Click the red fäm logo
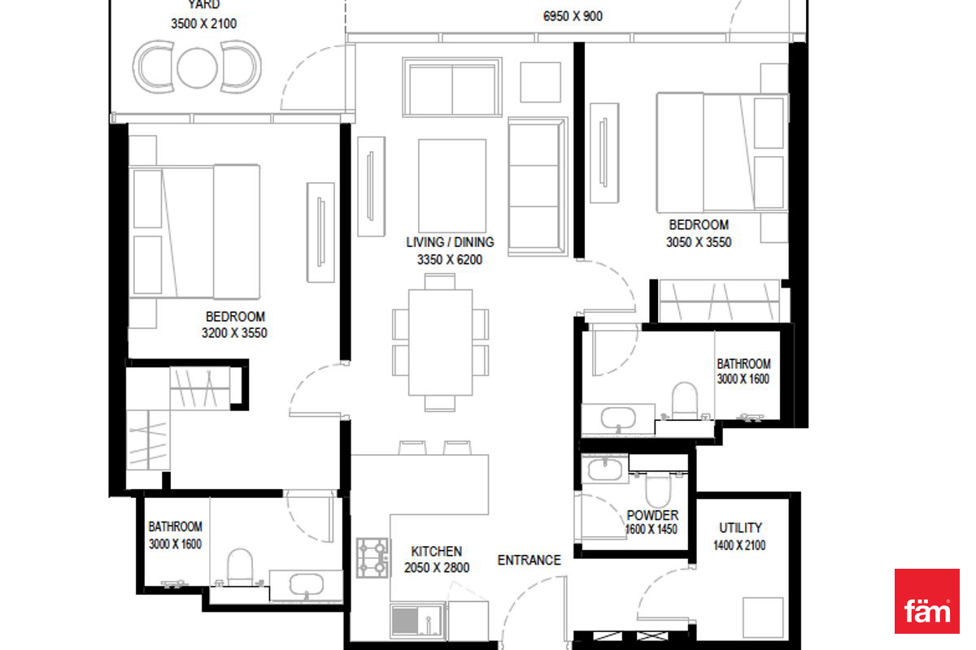tap(926, 600)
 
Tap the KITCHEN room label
tap(437, 552)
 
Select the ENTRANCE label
tap(529, 560)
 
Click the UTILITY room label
tap(740, 528)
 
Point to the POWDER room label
tap(652, 515)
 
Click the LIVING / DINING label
tap(450, 242)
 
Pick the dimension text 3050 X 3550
tap(699, 242)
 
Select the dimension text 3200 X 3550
tap(234, 333)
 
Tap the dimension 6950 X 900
tap(573, 16)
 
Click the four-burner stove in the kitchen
tap(373, 557)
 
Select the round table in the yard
tap(197, 68)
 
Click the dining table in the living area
tap(440, 342)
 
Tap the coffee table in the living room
tap(452, 186)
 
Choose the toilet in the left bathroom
tap(240, 567)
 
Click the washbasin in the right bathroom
tap(618, 418)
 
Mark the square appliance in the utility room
tap(763, 617)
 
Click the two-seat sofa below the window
tap(452, 87)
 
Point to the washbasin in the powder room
tap(605, 470)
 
